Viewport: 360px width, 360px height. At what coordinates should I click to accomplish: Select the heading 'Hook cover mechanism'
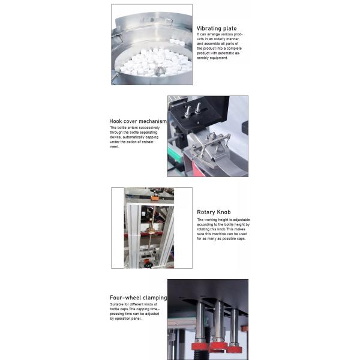(x=137, y=121)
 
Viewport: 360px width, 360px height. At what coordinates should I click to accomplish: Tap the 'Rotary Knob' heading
(x=214, y=212)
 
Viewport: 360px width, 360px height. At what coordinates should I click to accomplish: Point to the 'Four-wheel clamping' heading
(x=138, y=298)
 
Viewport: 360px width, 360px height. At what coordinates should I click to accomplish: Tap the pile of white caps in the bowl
(x=144, y=64)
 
